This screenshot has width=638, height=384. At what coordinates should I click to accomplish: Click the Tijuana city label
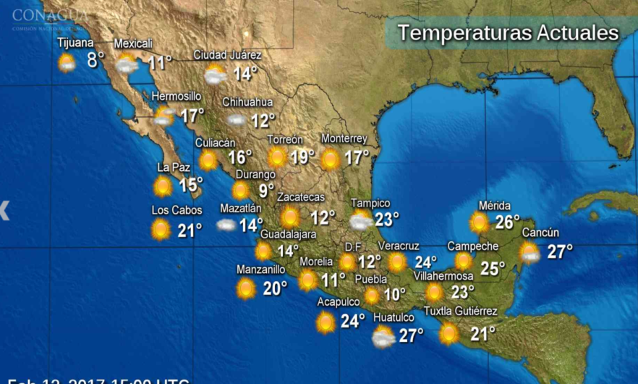[75, 43]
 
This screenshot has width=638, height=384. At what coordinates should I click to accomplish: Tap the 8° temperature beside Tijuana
[95, 59]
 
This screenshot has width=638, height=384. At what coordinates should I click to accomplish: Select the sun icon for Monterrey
[330, 159]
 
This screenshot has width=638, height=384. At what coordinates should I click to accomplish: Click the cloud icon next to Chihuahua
[237, 120]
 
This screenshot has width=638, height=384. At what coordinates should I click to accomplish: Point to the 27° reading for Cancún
[560, 251]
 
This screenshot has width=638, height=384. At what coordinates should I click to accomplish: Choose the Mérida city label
[494, 206]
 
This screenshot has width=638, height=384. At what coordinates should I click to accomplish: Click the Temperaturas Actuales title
[508, 33]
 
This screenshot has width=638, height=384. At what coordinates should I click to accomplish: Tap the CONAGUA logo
[49, 15]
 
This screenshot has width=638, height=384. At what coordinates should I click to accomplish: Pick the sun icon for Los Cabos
[161, 230]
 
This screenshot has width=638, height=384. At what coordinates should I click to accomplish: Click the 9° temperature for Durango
[266, 191]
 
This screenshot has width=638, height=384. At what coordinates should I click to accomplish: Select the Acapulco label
[339, 302]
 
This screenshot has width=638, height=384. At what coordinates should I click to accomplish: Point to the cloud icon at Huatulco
[383, 336]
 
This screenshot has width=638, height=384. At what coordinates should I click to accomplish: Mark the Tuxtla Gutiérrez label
[460, 312]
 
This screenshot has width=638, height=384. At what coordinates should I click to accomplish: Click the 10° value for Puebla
[395, 294]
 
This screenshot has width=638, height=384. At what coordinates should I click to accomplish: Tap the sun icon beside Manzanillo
[246, 288]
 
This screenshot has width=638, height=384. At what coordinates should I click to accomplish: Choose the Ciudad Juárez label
[227, 55]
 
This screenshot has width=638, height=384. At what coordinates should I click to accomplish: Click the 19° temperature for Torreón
[302, 156]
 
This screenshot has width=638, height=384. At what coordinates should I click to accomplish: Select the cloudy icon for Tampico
[361, 220]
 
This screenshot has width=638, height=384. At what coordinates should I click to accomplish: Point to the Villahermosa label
[443, 276]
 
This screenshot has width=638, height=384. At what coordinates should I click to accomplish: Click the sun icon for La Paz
[163, 186]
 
